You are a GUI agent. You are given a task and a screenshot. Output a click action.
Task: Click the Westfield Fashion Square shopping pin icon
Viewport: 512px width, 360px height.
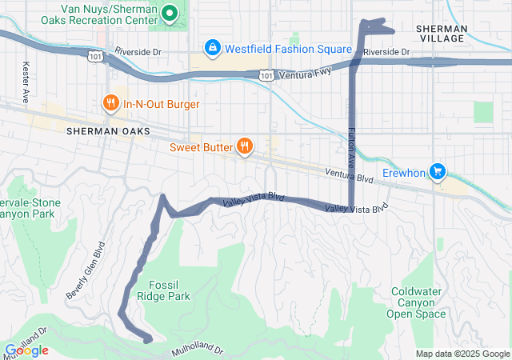pos(212,48)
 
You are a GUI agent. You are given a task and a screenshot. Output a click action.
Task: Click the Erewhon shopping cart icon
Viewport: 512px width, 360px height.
pos(437,171)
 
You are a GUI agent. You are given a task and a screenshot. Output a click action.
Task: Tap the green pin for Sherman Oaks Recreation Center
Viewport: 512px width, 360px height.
pos(169,13)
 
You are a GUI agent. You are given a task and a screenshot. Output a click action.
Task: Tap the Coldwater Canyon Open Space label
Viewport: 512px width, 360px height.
pos(416,302)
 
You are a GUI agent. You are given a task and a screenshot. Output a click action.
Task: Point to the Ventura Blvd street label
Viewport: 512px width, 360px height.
pos(349,176)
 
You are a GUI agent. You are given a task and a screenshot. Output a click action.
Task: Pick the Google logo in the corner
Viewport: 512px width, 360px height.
pos(26,350)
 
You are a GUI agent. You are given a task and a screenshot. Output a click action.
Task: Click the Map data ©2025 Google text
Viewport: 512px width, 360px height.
pos(462,354)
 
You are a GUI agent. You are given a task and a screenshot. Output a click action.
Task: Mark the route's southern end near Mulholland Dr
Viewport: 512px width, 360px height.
pos(148,340)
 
